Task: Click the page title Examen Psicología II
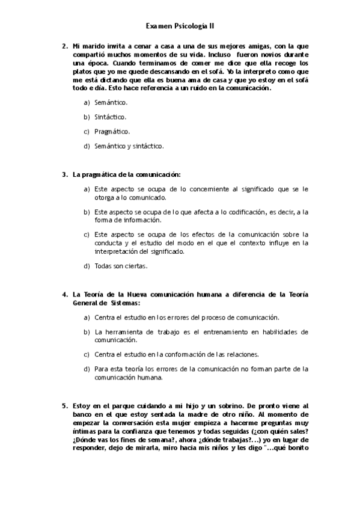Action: click(x=180, y=26)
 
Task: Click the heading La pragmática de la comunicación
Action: click(x=127, y=175)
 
